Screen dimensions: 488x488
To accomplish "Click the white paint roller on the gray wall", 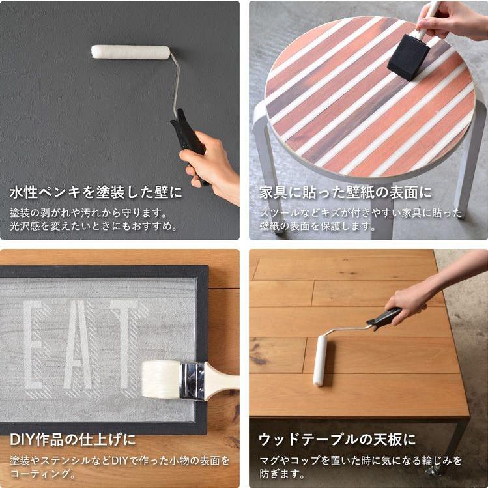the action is coord(131,52).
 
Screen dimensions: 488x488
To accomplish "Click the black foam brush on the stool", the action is coord(408,57).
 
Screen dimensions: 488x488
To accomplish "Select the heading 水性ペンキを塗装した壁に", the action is coord(96,192).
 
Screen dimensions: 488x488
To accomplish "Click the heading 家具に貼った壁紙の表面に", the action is coord(345,192).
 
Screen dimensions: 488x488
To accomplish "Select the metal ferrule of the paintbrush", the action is coord(193,381).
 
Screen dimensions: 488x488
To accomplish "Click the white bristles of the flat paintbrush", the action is coord(161,379).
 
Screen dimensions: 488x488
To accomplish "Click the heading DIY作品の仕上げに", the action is coord(73,439).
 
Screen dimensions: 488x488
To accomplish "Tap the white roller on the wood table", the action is coord(320,361).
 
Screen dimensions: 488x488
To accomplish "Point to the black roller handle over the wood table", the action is coord(384,319).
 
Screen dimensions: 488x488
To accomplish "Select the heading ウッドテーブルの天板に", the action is coord(337,439).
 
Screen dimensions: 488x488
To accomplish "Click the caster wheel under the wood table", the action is coord(432,471).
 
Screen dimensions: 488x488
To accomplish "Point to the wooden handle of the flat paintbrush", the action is coord(222,379).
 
